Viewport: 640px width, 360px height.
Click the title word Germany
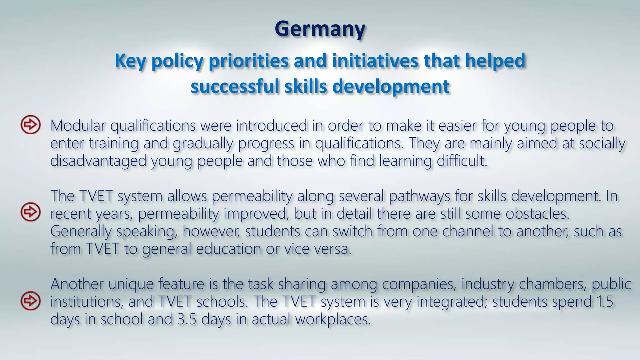320,29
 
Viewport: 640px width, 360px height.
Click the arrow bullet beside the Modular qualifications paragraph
31,125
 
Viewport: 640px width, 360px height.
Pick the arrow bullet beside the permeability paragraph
31,212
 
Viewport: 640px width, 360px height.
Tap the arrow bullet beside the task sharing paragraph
31,301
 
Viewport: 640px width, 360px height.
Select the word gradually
203,144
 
